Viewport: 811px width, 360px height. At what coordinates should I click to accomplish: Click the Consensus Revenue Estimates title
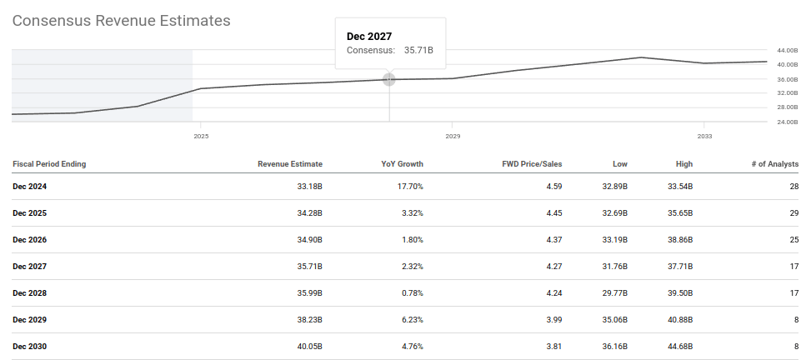point(121,21)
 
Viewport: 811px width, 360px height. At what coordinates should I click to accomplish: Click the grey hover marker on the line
point(389,79)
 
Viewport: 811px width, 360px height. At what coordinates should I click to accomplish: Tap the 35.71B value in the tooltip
point(418,51)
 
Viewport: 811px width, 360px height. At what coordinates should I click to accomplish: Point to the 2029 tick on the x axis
point(453,135)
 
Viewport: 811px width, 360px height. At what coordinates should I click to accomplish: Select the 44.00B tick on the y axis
point(788,51)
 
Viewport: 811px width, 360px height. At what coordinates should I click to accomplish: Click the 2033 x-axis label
point(704,135)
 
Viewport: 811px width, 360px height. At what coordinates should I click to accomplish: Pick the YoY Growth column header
point(402,164)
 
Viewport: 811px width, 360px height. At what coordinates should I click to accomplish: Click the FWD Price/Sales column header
point(534,164)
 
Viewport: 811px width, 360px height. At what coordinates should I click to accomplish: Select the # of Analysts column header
point(774,164)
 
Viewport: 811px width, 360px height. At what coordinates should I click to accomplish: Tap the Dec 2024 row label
point(29,187)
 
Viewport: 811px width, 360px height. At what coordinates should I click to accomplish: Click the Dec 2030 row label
point(29,347)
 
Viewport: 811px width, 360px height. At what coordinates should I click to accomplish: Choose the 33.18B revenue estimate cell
point(308,187)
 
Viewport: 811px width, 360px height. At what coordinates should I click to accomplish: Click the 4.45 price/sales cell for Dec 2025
point(554,213)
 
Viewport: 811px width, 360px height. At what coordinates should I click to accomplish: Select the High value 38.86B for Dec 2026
point(678,240)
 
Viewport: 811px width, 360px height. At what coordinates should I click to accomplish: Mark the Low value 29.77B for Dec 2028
point(611,293)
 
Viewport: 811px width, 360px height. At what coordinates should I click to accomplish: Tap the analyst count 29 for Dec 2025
point(792,213)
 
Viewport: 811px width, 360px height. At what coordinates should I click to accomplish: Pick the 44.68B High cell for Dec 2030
point(678,347)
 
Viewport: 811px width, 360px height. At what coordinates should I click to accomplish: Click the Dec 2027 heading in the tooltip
point(369,36)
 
